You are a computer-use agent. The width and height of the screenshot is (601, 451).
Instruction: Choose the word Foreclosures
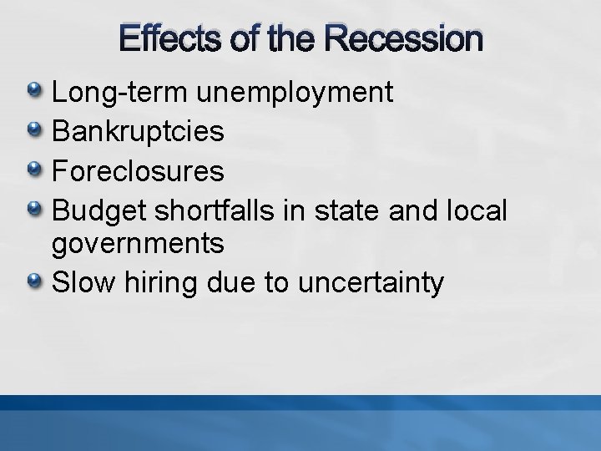pos(138,171)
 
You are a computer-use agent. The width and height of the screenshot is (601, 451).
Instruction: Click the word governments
pos(138,245)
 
